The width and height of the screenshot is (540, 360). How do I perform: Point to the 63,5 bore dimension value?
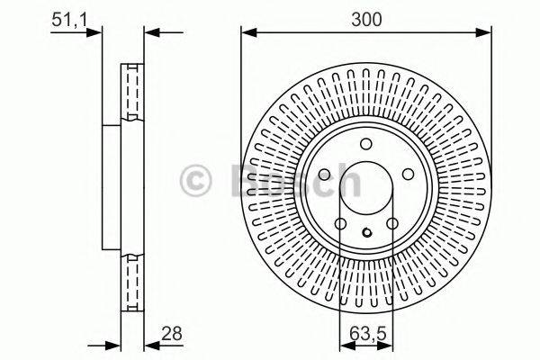point(365,332)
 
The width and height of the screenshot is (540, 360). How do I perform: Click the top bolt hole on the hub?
point(365,146)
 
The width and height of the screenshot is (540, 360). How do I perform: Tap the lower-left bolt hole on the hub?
point(340,223)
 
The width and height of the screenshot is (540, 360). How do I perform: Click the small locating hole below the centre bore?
point(365,236)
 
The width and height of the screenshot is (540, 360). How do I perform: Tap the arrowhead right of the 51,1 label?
point(97,34)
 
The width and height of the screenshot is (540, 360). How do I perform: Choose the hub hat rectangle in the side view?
point(112,190)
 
